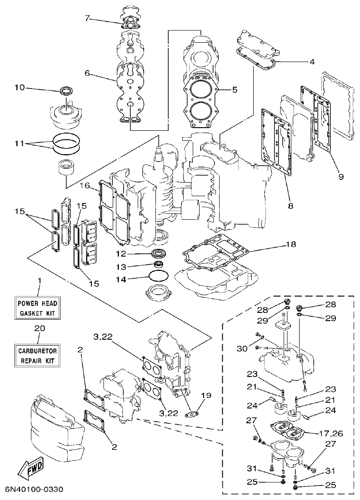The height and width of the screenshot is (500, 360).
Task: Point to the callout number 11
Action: coord(19,143)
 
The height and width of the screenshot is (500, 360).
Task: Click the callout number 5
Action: coord(235,89)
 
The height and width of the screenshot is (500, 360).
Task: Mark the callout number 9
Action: coord(341,177)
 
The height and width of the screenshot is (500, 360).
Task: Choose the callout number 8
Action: coord(290,205)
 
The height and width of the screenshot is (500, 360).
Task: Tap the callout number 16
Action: coord(85,185)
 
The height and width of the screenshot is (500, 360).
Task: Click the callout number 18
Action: coord(291,244)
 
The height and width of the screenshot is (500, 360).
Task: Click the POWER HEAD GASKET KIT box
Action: coord(38,308)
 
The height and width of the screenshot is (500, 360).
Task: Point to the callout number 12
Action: coord(120,254)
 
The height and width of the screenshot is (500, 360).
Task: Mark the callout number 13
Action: coord(120,266)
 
